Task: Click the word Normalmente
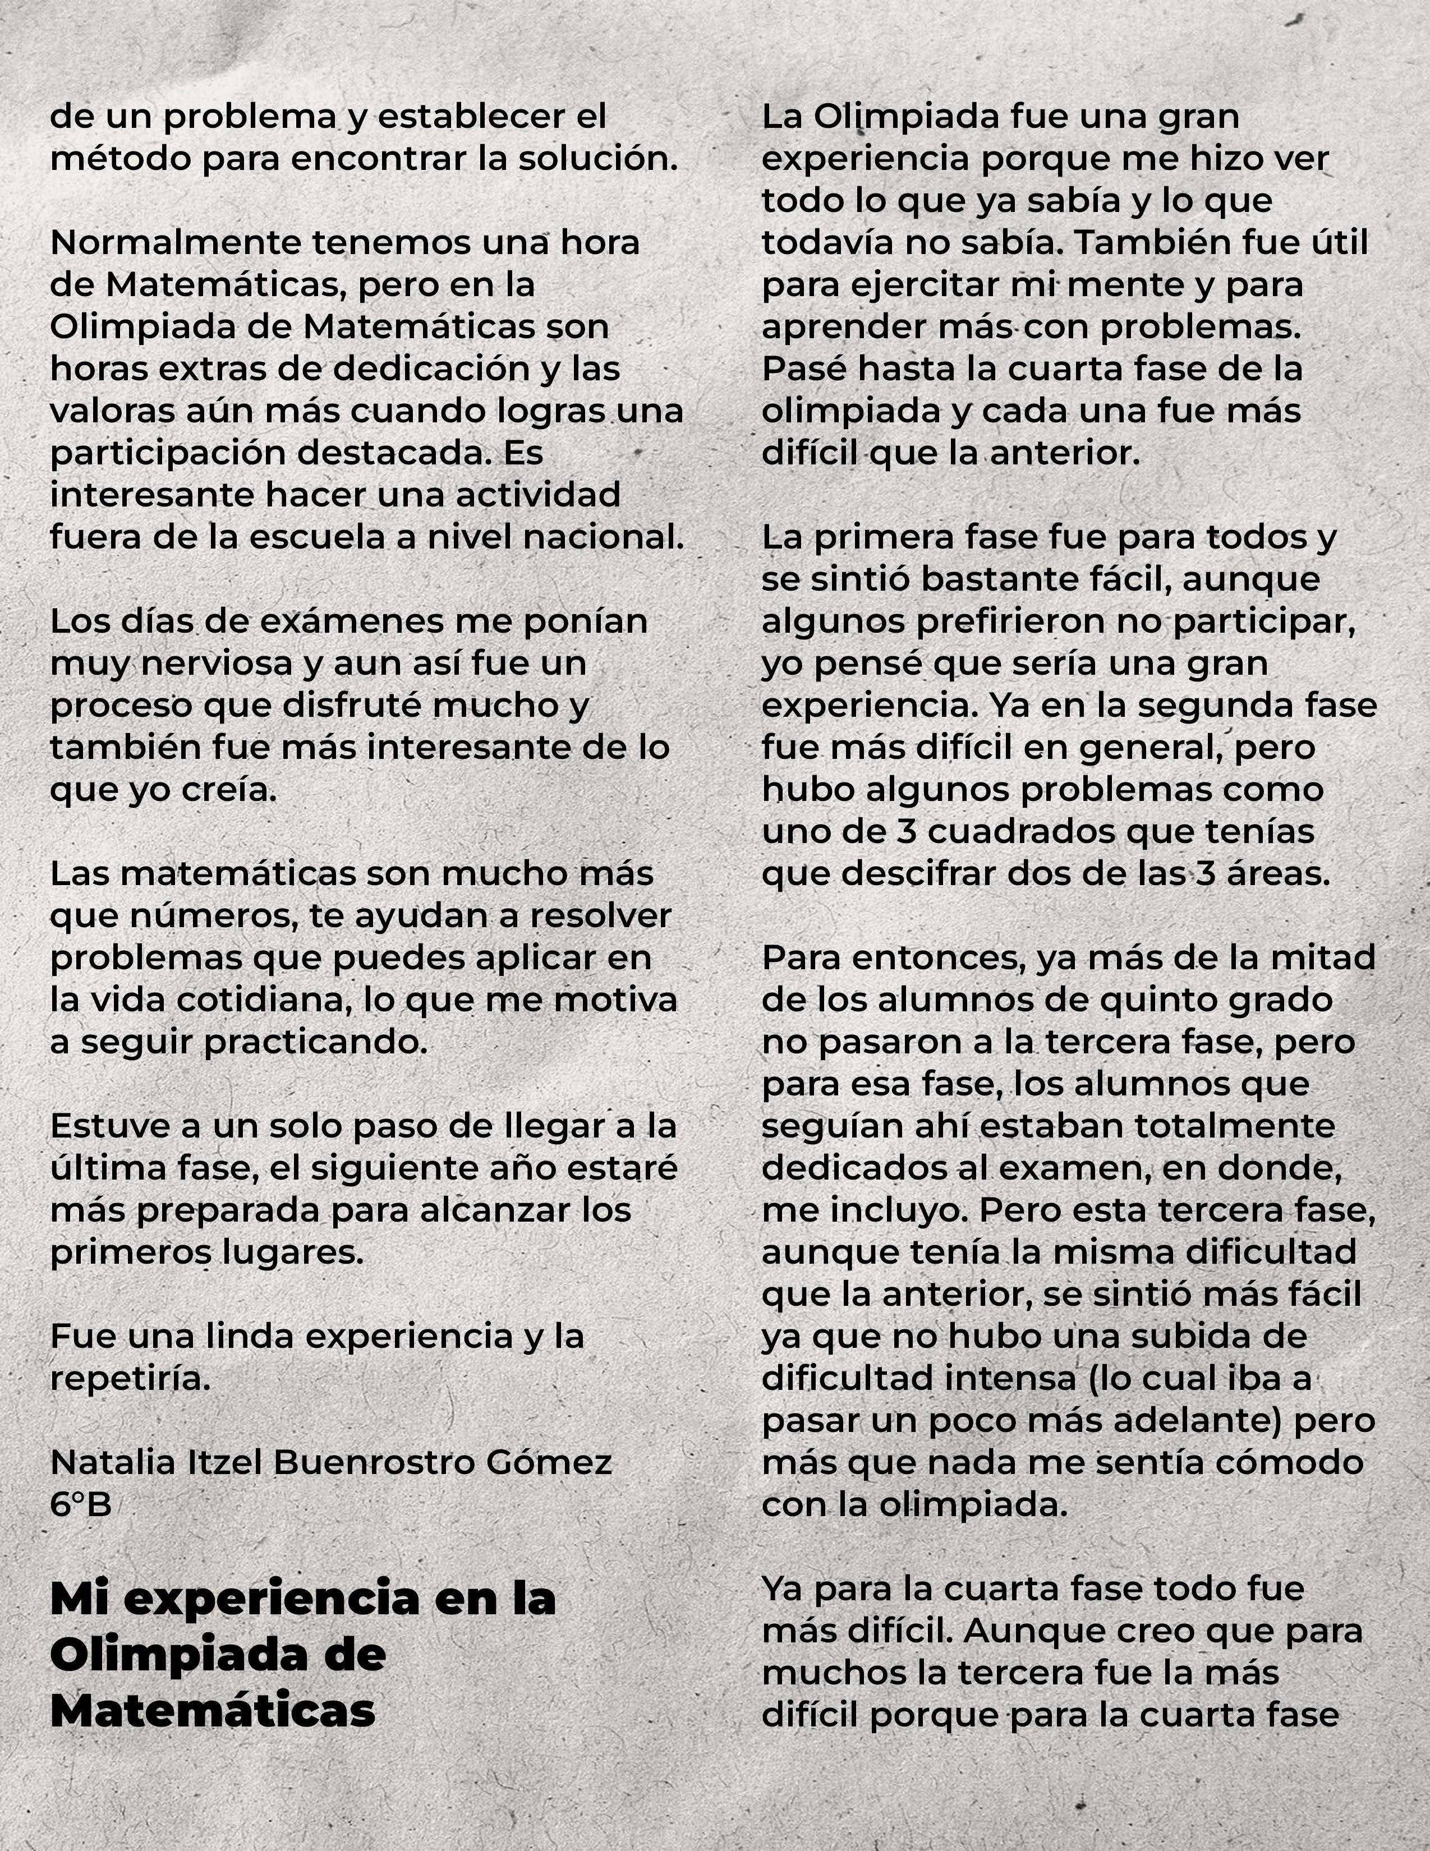(174, 243)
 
